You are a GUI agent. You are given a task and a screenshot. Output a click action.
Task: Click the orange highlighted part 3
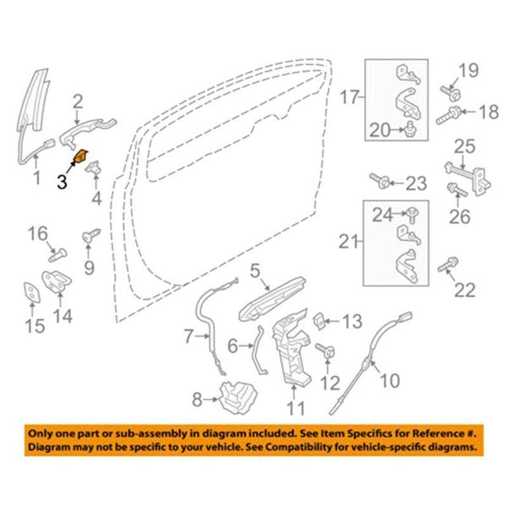pos(82,156)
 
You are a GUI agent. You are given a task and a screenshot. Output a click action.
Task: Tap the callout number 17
pos(349,98)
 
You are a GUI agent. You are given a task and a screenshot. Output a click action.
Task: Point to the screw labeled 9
pos(88,237)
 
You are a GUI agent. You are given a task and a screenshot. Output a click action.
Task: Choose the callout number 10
pos(390,380)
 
